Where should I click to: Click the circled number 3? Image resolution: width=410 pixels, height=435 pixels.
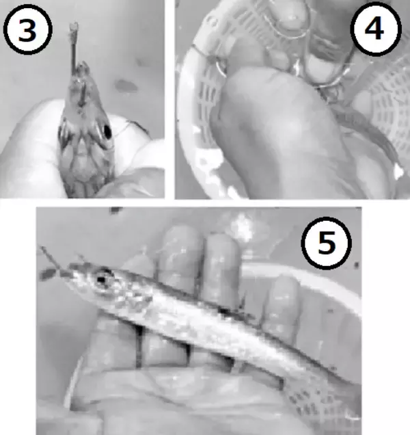28,29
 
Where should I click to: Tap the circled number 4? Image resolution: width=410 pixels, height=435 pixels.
376,29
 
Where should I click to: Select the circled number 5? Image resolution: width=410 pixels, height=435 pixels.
326,243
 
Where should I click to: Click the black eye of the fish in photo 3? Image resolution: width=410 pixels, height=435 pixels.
107,131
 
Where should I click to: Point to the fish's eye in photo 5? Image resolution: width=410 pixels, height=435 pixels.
102,279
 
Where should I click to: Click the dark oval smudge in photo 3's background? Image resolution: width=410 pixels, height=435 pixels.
126,86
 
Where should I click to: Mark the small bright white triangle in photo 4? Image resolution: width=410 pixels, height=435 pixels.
398,171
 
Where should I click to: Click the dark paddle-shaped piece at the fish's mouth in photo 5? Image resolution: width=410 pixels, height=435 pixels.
48,274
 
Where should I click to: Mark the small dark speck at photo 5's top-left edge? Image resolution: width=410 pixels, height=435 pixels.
115,210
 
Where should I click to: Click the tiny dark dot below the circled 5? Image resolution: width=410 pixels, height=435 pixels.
357,265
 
